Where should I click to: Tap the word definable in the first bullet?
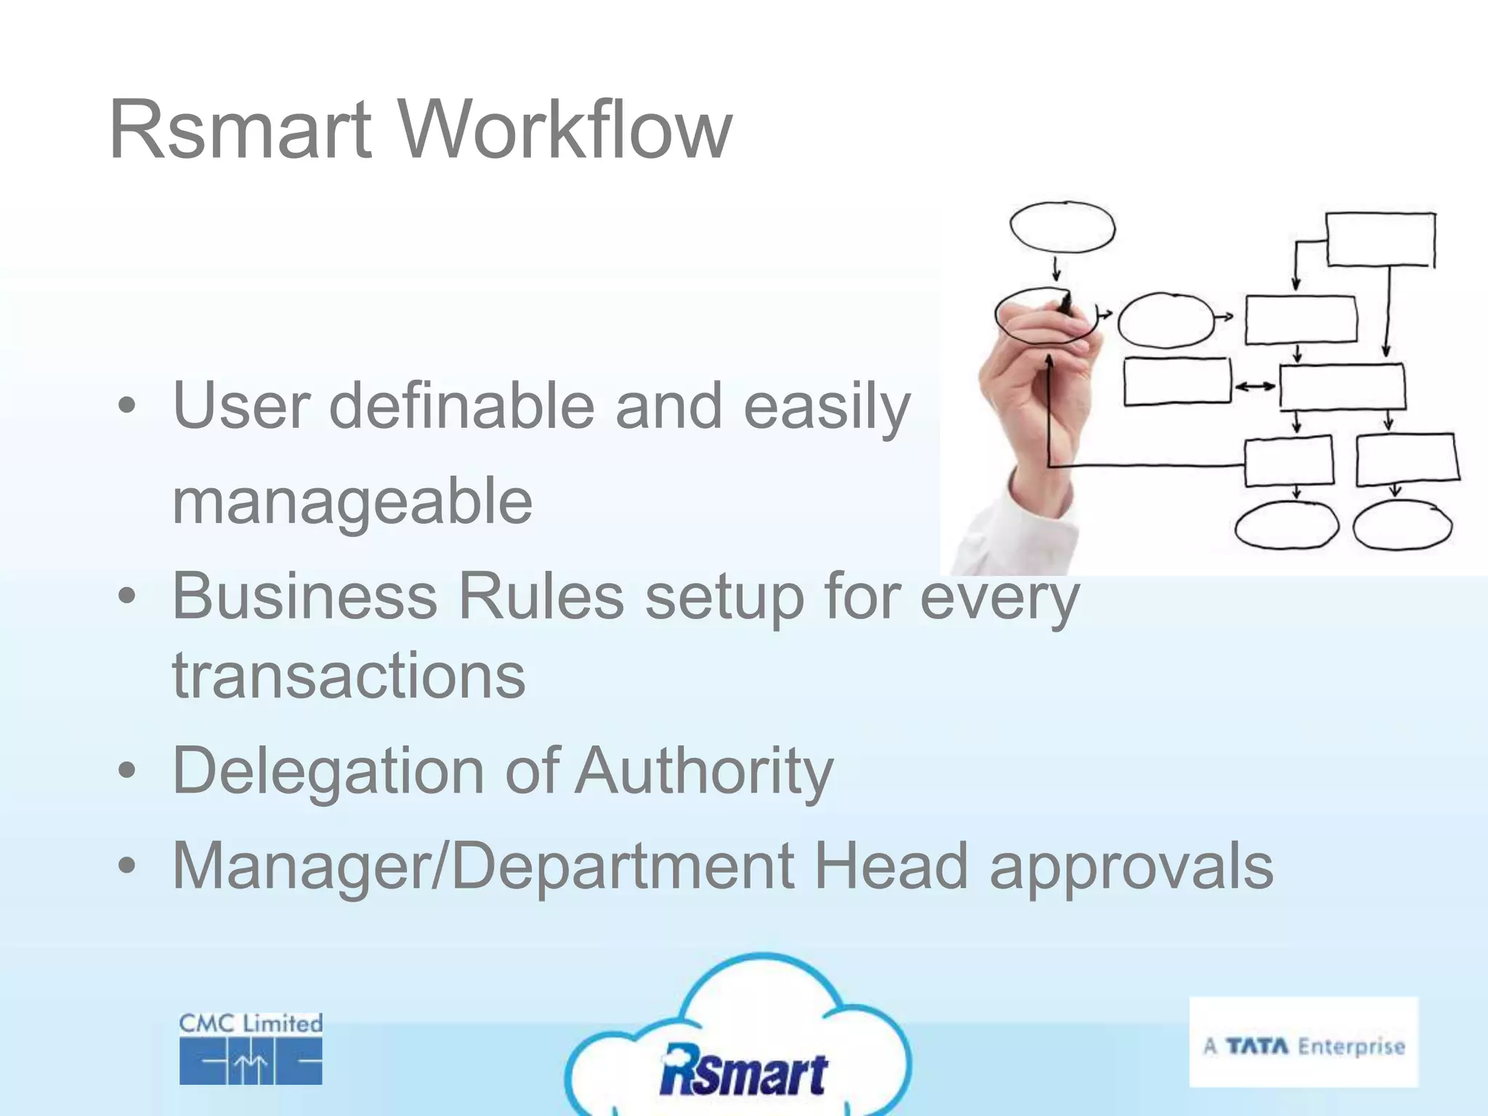click(x=462, y=407)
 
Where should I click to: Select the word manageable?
click(x=352, y=501)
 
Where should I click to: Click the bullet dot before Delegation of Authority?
click(x=127, y=772)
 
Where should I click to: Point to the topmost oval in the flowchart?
click(x=1062, y=227)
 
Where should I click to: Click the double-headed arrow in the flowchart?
click(x=1255, y=387)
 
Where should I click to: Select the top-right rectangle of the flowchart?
click(x=1380, y=240)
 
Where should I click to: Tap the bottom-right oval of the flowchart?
click(x=1402, y=525)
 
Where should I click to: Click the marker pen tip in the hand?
click(x=1066, y=305)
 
